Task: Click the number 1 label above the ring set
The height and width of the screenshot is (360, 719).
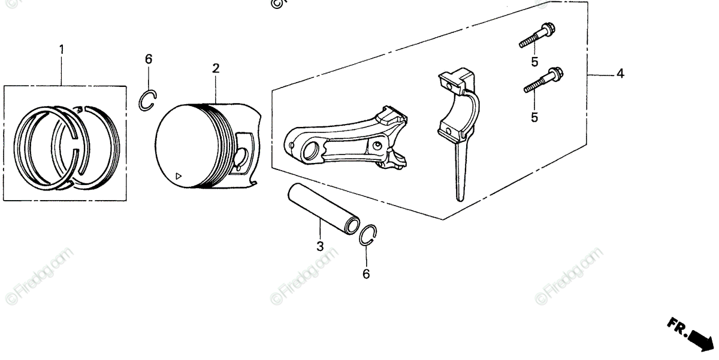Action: click(x=61, y=49)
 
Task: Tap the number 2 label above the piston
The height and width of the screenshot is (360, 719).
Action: click(x=215, y=68)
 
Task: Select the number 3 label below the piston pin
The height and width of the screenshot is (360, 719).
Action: click(x=320, y=246)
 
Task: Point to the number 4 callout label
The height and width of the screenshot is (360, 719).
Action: click(x=620, y=74)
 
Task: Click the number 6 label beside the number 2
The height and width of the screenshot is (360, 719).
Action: click(x=149, y=59)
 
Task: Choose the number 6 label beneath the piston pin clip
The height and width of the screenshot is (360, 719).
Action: click(x=366, y=274)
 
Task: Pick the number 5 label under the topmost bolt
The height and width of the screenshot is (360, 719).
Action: click(x=534, y=61)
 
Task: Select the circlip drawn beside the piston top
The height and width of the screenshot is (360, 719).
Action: click(x=148, y=99)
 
